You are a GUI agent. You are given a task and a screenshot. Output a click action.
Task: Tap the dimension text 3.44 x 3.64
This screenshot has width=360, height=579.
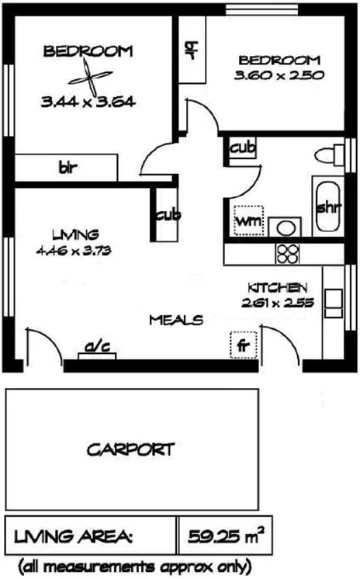88,102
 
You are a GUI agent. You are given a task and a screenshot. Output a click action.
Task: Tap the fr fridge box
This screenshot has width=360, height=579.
243,342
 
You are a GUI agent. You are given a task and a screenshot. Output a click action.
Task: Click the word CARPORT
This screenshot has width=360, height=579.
130,449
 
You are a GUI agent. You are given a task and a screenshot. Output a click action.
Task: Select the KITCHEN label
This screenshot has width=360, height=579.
279,286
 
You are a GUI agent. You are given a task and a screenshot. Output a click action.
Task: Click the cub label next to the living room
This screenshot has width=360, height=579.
167,215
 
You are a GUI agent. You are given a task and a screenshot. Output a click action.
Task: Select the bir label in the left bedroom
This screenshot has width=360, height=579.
67,166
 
